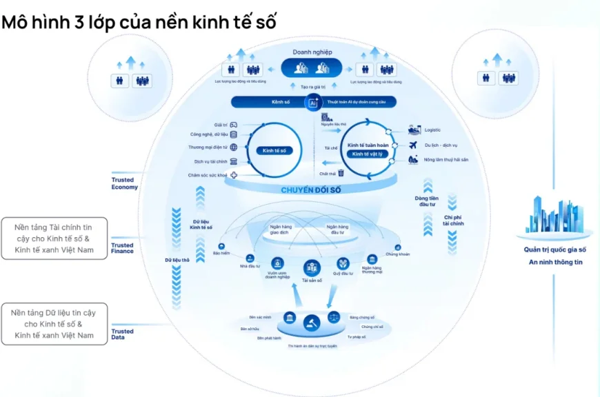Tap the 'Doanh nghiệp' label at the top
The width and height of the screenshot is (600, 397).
click(312, 52)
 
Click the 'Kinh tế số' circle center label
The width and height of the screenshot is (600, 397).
click(274, 150)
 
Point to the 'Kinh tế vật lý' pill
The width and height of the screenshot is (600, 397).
click(365, 154)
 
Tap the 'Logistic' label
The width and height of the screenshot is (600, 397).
click(432, 130)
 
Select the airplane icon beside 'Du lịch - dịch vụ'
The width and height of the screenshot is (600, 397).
click(413, 145)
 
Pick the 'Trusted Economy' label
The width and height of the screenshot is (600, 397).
click(124, 183)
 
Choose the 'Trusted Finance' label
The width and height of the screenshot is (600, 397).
click(123, 248)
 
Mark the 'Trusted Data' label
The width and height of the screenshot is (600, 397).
click(123, 334)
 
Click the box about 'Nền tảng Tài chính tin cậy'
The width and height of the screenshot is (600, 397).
click(53, 238)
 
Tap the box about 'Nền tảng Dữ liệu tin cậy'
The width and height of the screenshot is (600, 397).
click(53, 324)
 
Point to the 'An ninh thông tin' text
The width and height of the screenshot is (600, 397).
click(556, 262)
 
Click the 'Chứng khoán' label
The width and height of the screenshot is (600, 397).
click(397, 254)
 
